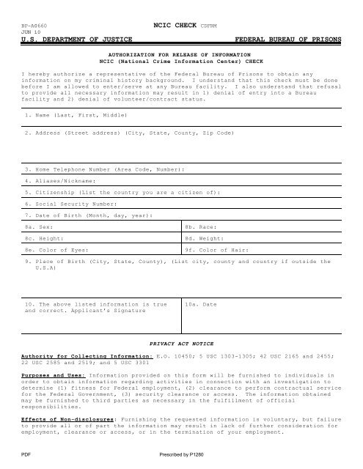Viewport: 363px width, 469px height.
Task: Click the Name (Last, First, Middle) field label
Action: coord(65,116)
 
